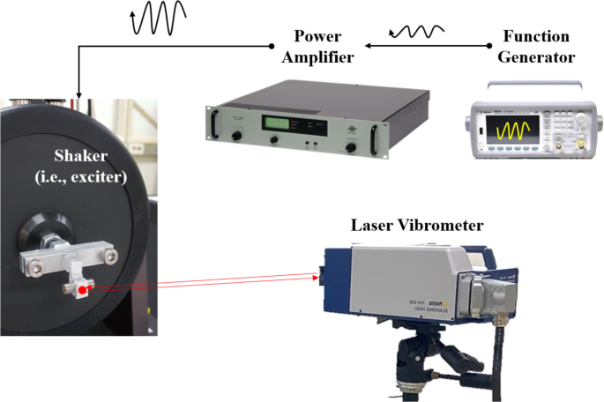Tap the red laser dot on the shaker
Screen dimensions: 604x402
click(82, 290)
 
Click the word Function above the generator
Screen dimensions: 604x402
click(536, 37)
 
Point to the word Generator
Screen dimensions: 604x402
click(537, 57)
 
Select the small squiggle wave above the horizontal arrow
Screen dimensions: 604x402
click(412, 32)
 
